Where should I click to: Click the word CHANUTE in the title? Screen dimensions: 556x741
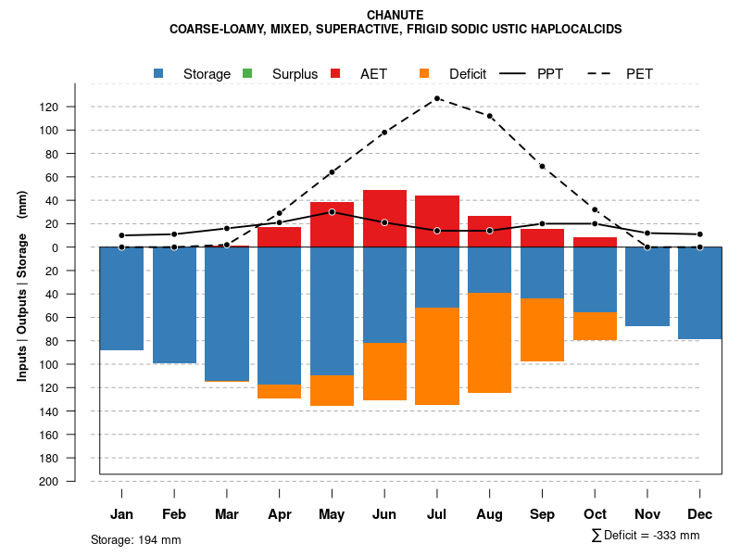(396, 15)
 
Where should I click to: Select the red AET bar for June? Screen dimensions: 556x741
(384, 219)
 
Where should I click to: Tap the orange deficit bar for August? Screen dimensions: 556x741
(489, 343)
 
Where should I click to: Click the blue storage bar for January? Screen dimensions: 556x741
(121, 298)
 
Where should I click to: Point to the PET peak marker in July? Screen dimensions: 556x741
(436, 98)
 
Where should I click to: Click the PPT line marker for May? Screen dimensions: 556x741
(332, 212)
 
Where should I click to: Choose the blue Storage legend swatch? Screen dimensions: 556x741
(159, 73)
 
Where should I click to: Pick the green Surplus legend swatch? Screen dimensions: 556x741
(246, 73)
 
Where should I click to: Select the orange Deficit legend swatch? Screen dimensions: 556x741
(424, 73)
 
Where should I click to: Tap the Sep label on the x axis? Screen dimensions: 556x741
(542, 514)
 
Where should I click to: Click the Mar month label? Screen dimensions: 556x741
(227, 514)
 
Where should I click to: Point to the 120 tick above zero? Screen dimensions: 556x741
(49, 107)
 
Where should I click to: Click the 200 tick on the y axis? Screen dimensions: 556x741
(49, 482)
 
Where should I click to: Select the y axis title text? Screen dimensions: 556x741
(22, 285)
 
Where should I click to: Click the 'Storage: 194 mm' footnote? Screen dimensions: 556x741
(135, 539)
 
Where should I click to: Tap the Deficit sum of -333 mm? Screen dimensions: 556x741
(646, 536)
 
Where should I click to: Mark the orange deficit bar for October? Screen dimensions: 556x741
(595, 326)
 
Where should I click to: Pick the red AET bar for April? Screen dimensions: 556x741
(279, 237)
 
